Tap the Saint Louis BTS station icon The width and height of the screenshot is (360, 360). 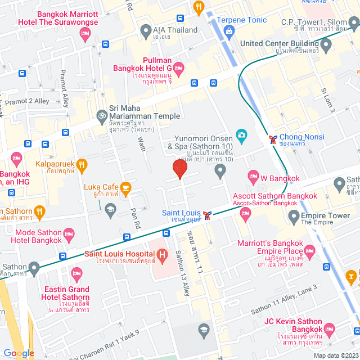pos(208,215)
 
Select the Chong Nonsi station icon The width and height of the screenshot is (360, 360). pos(272,137)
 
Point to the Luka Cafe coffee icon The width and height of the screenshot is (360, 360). pos(125,187)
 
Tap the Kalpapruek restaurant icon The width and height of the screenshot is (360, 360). pos(82,165)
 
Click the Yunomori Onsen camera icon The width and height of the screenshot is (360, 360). pos(241,135)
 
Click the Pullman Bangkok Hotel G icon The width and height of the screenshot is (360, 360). pos(178,69)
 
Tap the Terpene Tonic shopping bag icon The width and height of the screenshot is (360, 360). pos(229,30)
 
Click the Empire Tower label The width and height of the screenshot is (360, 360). pos(326,215)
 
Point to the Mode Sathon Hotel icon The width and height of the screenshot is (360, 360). pos(70,233)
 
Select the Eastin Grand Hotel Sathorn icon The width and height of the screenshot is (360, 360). pos(78,274)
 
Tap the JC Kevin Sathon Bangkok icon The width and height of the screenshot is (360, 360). pos(330,330)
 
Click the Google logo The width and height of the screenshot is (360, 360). pos(19,353)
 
